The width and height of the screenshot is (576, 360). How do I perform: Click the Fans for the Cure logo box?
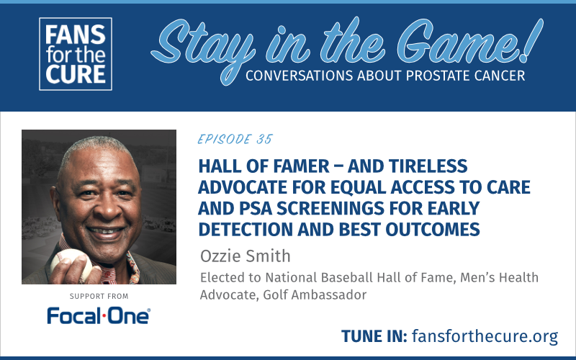point(76,54)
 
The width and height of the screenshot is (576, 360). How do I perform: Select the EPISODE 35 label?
point(235,139)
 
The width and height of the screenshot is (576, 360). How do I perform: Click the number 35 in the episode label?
point(263,139)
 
